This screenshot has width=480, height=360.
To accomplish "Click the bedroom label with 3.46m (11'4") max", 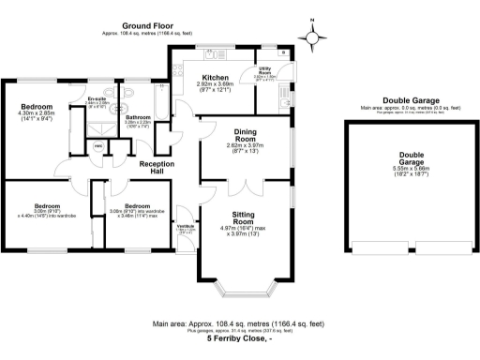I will click(137, 211).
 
